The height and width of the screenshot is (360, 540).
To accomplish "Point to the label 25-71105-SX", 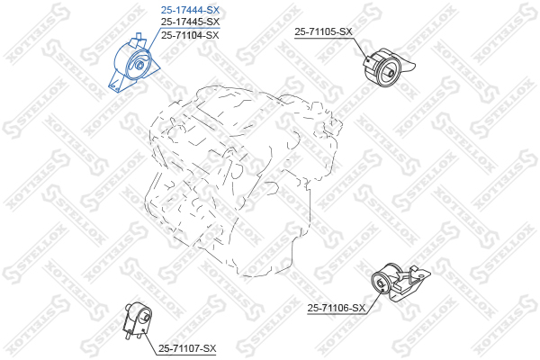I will point(323,31).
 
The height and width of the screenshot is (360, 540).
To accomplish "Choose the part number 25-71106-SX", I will point(337,308).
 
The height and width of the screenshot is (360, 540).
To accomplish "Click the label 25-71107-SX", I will point(187,348).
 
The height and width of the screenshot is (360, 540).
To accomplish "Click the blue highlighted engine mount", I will point(134,65).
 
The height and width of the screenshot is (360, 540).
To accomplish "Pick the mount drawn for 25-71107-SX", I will point(135,321).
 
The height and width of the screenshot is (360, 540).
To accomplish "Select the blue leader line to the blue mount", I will point(156,36).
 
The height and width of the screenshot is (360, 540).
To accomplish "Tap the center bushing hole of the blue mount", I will point(139,64).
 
